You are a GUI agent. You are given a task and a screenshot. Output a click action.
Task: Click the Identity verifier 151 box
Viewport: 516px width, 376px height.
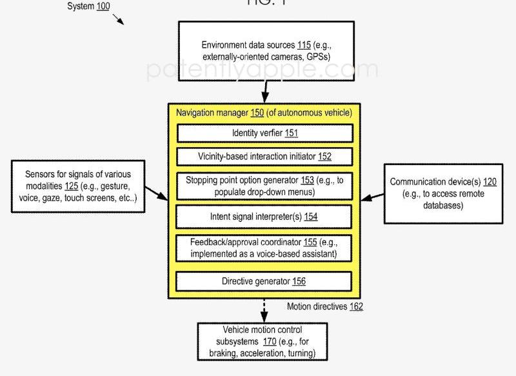tap(264, 134)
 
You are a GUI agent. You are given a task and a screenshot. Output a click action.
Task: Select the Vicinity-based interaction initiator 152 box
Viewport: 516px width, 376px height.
tap(264, 157)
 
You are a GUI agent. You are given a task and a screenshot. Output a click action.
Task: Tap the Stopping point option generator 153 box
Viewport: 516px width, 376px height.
tap(264, 186)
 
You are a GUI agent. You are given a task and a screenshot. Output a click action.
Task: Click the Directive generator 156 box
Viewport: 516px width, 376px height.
tap(264, 281)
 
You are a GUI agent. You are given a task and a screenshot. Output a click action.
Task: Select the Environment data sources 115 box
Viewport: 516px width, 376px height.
tap(266, 51)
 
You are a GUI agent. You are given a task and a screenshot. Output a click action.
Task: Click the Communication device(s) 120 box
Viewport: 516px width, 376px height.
tap(443, 193)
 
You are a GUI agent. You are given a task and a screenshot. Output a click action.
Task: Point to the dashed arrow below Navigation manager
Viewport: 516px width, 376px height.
tap(263, 310)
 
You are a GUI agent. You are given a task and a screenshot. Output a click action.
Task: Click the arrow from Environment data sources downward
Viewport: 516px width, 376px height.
tap(264, 92)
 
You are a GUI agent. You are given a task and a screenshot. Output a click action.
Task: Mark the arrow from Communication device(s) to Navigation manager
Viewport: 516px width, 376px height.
tap(373, 195)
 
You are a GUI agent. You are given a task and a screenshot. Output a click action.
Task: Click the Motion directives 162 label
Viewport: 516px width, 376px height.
tap(324, 306)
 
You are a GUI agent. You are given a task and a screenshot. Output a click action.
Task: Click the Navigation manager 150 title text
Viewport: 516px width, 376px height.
tap(264, 113)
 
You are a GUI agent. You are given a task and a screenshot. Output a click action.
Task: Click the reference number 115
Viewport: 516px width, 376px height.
tap(304, 45)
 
